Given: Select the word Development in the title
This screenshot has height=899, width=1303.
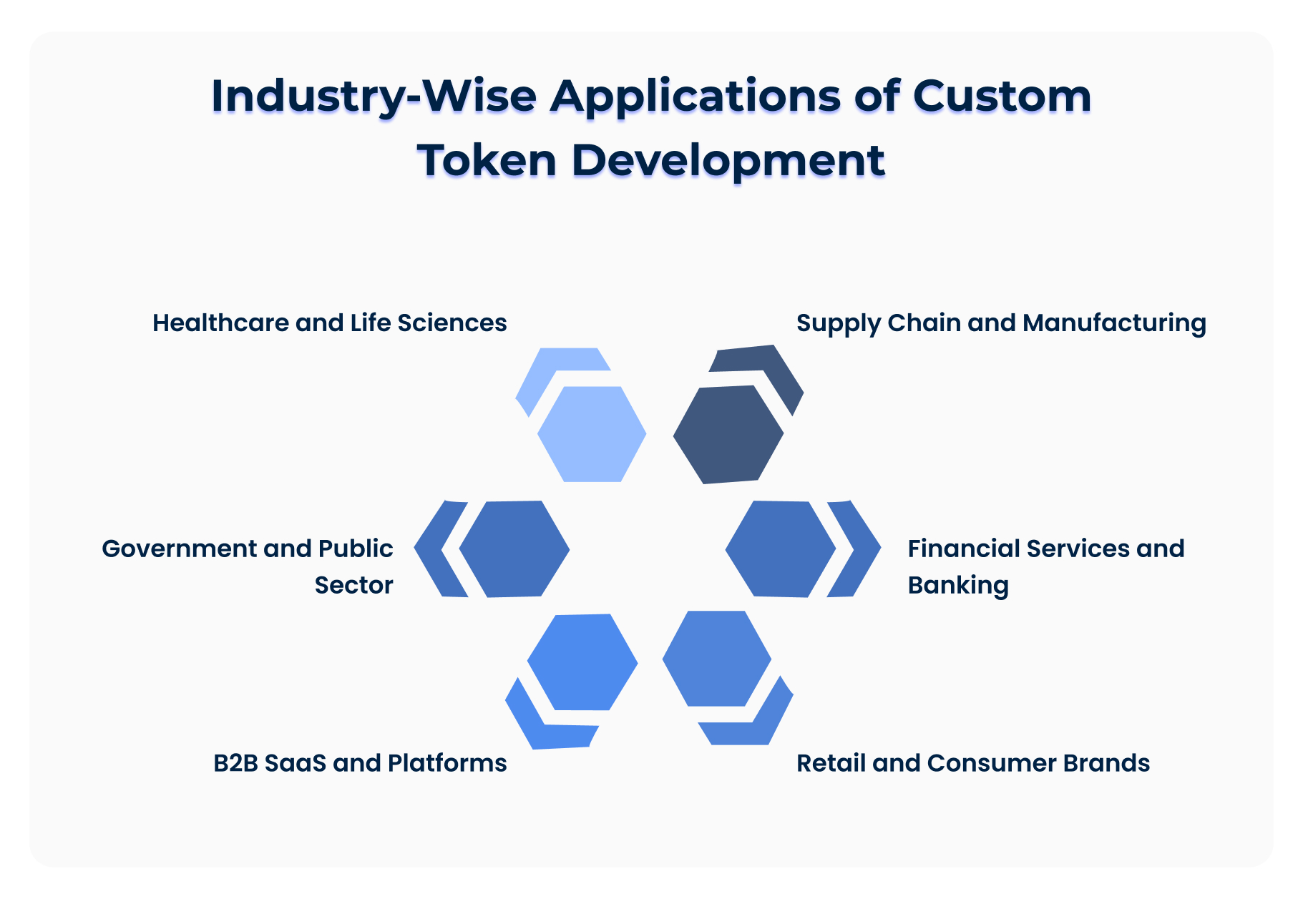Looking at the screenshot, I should pos(728,161).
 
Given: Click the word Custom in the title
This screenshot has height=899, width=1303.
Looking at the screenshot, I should pos(1002,96).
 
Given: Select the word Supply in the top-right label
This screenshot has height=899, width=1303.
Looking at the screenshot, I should pos(838,324).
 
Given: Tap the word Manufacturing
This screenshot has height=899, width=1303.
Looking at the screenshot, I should pos(1114,324).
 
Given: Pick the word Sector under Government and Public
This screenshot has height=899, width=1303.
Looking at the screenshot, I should pos(353,585).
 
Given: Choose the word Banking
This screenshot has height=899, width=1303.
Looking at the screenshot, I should pos(958,585).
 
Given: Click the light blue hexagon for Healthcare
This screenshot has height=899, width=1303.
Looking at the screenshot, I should pos(592,433).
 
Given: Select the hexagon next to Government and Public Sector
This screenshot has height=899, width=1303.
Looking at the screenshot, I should pos(514,549).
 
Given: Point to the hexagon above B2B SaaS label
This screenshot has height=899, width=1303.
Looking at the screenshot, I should pos(582,662).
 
